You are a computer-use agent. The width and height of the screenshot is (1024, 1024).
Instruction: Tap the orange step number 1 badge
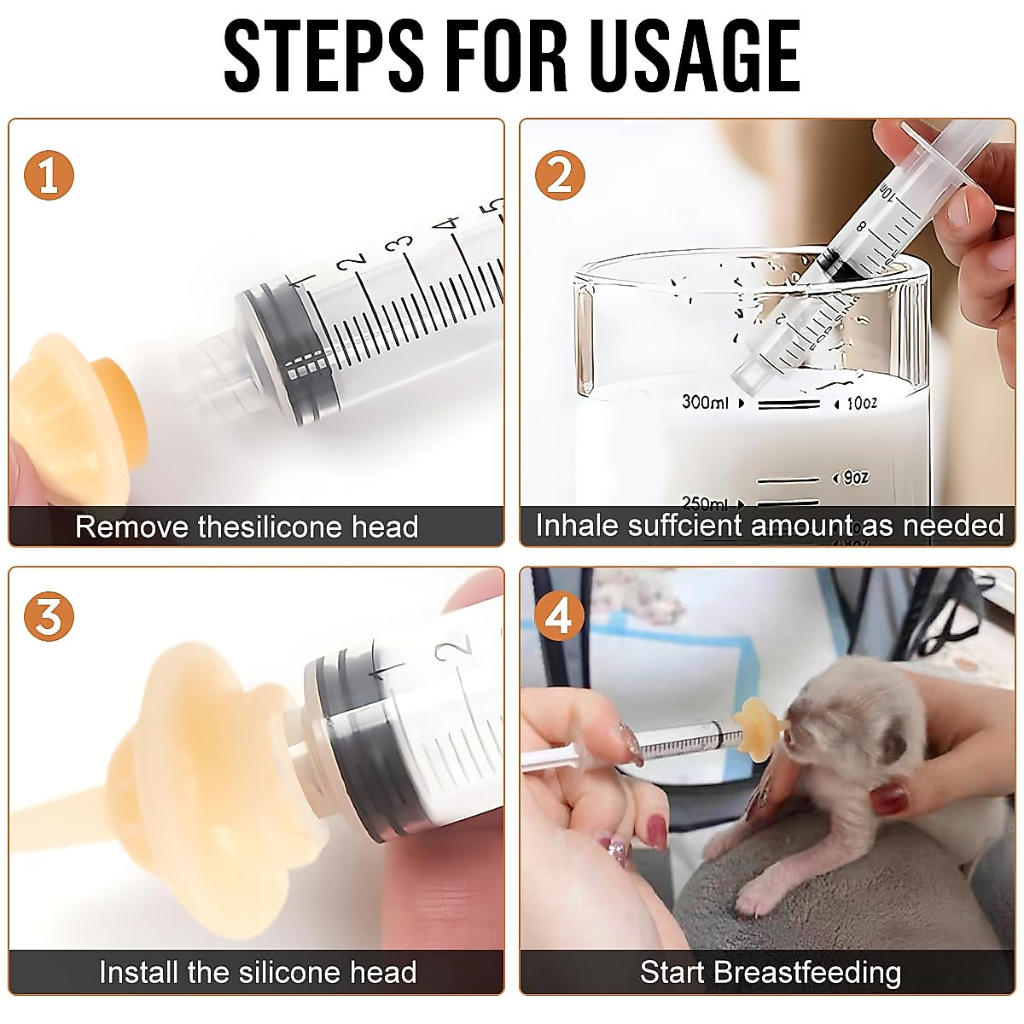[x=49, y=176]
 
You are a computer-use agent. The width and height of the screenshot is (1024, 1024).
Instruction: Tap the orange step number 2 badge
[x=560, y=176]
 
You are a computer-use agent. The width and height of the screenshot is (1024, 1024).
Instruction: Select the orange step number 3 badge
[x=49, y=616]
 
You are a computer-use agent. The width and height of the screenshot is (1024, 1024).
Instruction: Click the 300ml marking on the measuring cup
[x=705, y=402]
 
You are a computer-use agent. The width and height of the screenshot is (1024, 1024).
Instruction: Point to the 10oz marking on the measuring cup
[x=861, y=404]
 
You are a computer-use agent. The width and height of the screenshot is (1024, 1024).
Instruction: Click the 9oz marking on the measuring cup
[x=857, y=478]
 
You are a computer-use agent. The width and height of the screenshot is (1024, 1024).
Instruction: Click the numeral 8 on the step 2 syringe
[x=860, y=227]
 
